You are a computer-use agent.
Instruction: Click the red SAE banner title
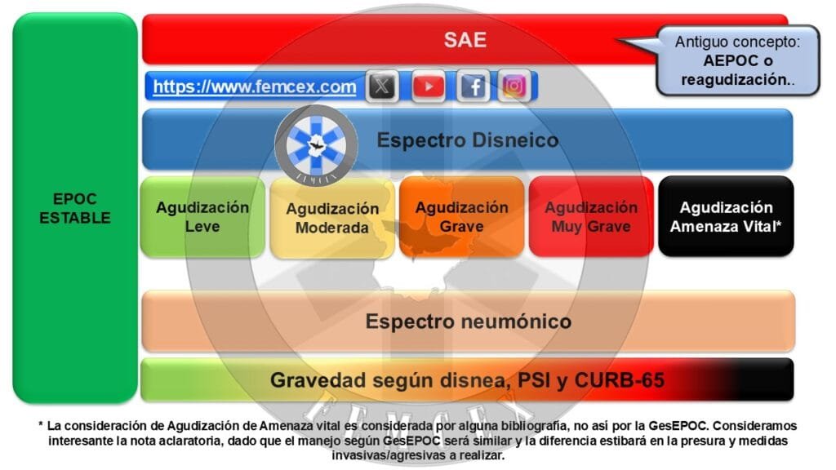(x=465, y=40)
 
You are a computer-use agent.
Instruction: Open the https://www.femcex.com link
(x=255, y=86)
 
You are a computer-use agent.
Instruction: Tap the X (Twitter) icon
(x=382, y=86)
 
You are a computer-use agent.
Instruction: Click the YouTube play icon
(x=428, y=86)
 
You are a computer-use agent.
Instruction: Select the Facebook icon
(x=474, y=86)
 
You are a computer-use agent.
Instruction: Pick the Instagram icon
(x=514, y=86)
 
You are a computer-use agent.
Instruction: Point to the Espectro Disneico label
(x=468, y=140)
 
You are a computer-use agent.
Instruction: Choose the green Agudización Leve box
(x=202, y=217)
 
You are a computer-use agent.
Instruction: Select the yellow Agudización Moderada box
(x=332, y=218)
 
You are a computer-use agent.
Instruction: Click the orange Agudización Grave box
(x=462, y=217)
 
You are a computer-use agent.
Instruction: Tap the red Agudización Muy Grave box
(x=591, y=217)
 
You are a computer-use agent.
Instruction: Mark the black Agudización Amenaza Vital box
(x=726, y=216)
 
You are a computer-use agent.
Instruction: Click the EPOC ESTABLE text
(x=74, y=208)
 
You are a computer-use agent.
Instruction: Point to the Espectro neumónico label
(x=468, y=321)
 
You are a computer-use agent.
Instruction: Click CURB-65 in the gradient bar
(x=619, y=380)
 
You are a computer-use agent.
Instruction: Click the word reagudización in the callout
(x=735, y=80)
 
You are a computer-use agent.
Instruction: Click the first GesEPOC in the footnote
(x=678, y=426)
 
